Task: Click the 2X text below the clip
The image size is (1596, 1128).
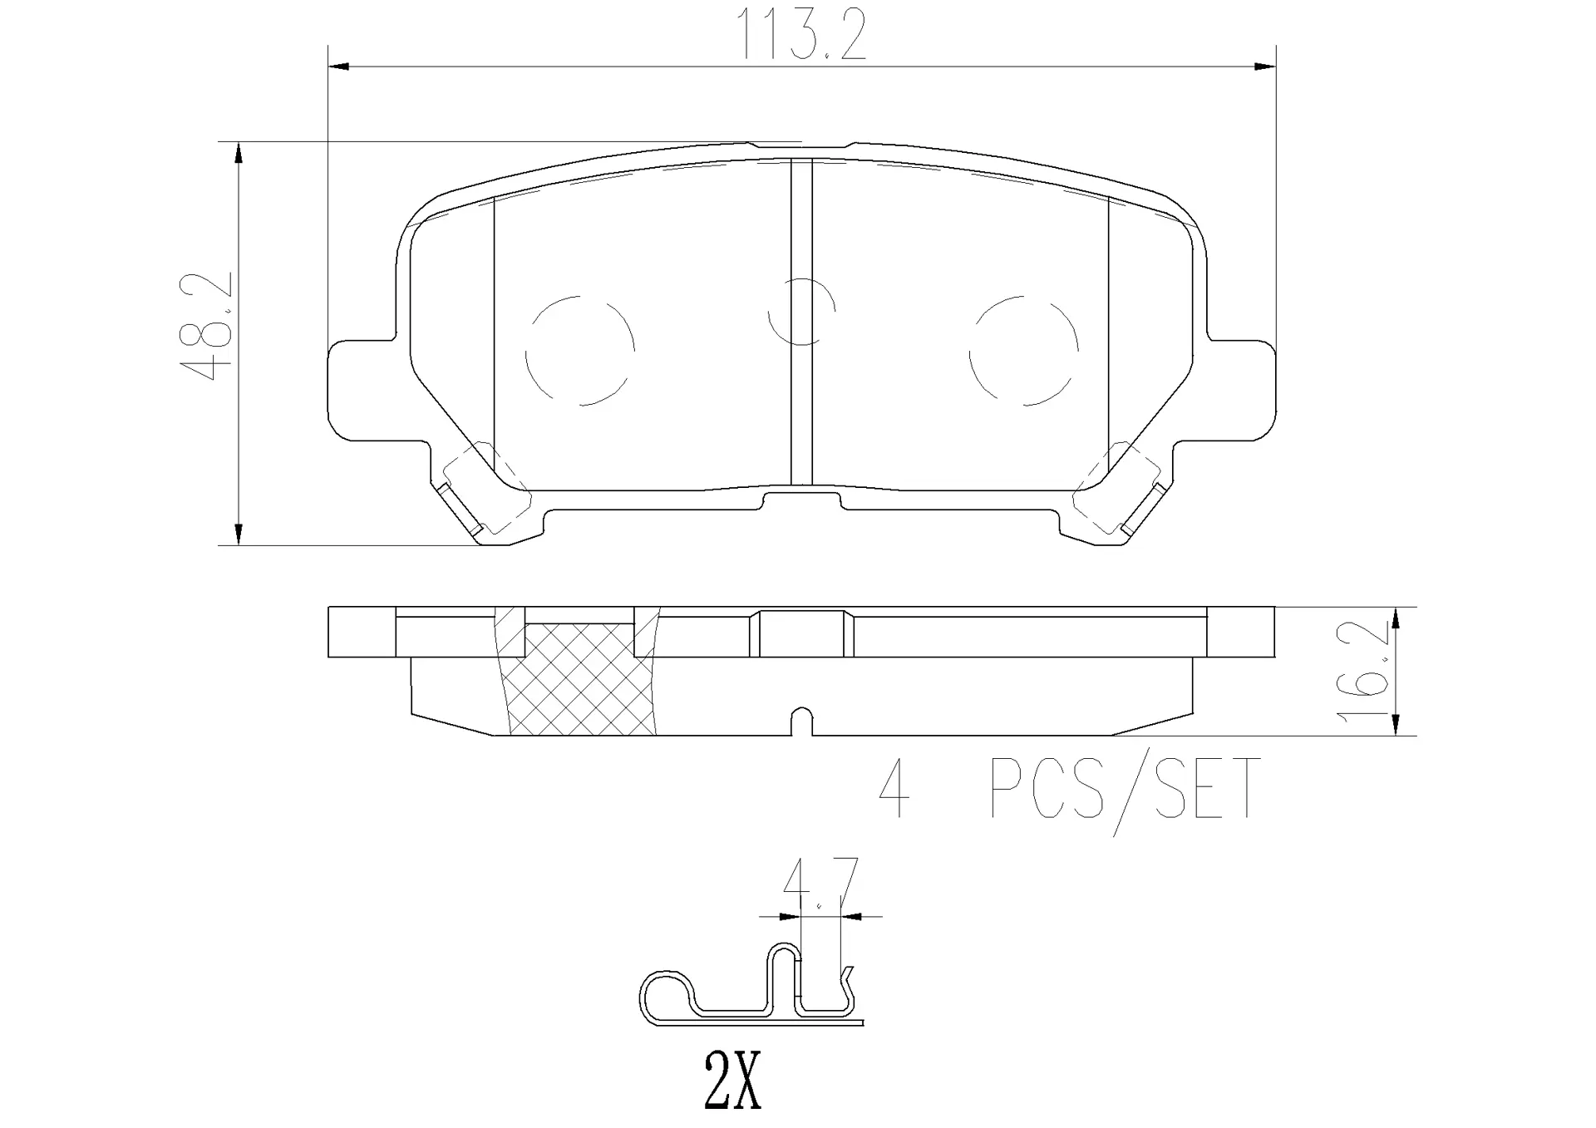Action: (732, 1081)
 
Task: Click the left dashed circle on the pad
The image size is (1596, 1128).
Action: (579, 350)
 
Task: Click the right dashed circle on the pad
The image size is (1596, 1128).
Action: (1023, 350)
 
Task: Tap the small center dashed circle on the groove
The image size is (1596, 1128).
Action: (800, 311)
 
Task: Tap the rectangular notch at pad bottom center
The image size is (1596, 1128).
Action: (801, 501)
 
